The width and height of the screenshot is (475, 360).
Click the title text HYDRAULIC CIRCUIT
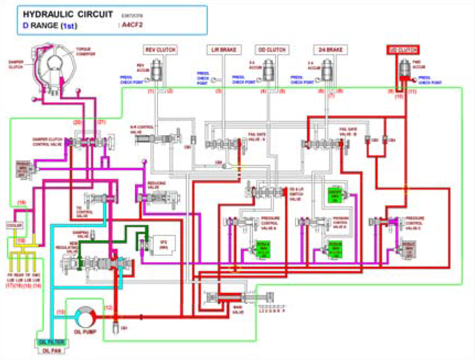tap(61, 13)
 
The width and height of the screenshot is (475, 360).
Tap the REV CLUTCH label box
tap(159, 50)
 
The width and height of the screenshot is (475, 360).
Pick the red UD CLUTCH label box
tap(404, 50)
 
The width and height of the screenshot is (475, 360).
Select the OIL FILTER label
tap(51, 342)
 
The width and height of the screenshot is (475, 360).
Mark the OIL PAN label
tap(51, 349)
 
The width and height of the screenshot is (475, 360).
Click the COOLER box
tap(14, 225)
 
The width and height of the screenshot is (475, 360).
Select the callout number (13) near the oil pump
tap(61, 312)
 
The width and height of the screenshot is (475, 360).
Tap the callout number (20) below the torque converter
tap(77, 121)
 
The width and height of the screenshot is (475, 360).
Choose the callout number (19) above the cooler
tap(21, 203)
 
